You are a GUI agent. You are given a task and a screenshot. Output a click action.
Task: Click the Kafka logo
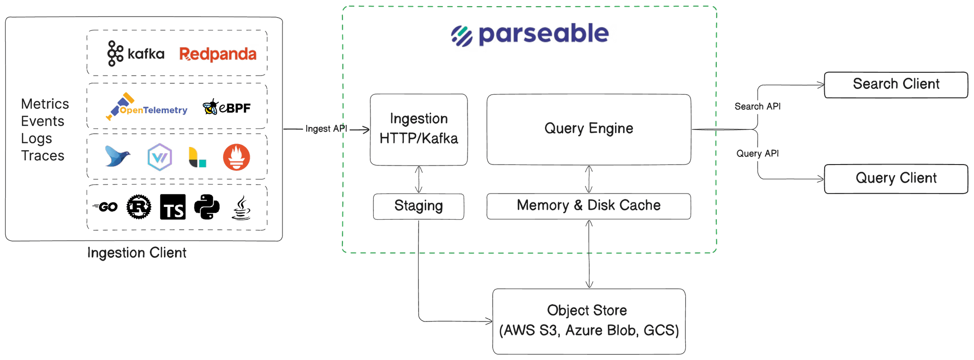coord(136,53)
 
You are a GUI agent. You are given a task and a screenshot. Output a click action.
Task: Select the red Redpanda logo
coord(218,54)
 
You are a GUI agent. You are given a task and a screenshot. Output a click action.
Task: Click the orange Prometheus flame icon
coord(236,157)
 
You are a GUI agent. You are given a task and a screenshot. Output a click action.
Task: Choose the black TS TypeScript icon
coord(173,207)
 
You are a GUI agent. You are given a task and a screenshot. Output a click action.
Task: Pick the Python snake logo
coord(207,207)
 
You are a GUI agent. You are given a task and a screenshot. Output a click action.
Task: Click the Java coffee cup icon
coord(241,208)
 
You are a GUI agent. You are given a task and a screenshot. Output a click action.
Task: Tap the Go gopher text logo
coord(106,207)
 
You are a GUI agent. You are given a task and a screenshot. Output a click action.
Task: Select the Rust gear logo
coord(138,207)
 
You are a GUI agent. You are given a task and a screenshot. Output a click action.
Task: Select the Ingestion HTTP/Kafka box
coord(419,129)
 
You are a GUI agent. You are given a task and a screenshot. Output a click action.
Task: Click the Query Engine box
coord(588,128)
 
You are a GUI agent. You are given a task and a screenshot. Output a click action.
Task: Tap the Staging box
coord(419,206)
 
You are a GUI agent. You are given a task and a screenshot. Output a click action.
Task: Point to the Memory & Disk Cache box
coord(588,205)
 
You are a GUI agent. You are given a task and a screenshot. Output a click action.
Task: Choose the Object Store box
coord(589,321)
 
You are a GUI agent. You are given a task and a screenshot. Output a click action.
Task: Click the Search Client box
coord(896,84)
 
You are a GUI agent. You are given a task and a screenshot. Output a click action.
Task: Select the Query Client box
coord(896,178)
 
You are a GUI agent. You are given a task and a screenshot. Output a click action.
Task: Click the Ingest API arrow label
coord(326,129)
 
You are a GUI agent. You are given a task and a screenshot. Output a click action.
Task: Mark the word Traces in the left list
coord(43,156)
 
